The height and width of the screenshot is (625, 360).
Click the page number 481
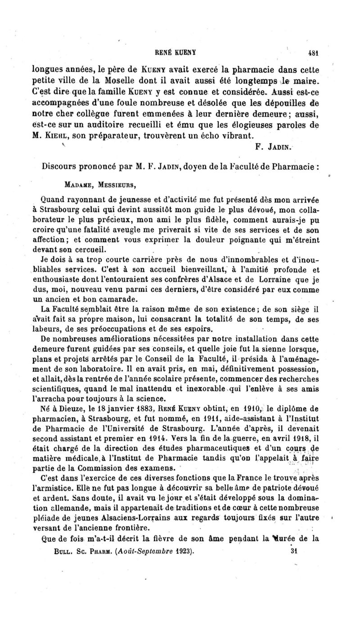pyautogui.click(x=319, y=52)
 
